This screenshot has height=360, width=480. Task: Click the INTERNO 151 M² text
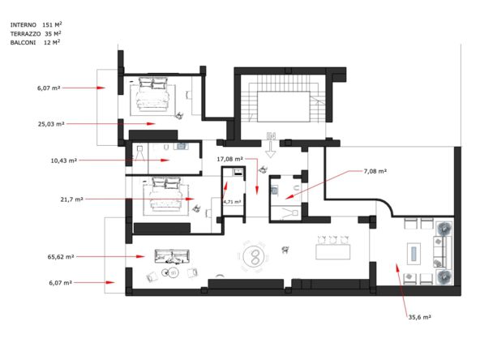coord(35,25)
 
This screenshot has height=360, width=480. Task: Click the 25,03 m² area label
coord(50,124)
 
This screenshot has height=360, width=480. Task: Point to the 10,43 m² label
coord(63,161)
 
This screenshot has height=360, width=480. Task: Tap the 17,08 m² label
coord(230,160)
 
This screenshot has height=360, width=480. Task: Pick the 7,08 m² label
coord(375,171)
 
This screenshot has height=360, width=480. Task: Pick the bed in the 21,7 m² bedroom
coord(165,197)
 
